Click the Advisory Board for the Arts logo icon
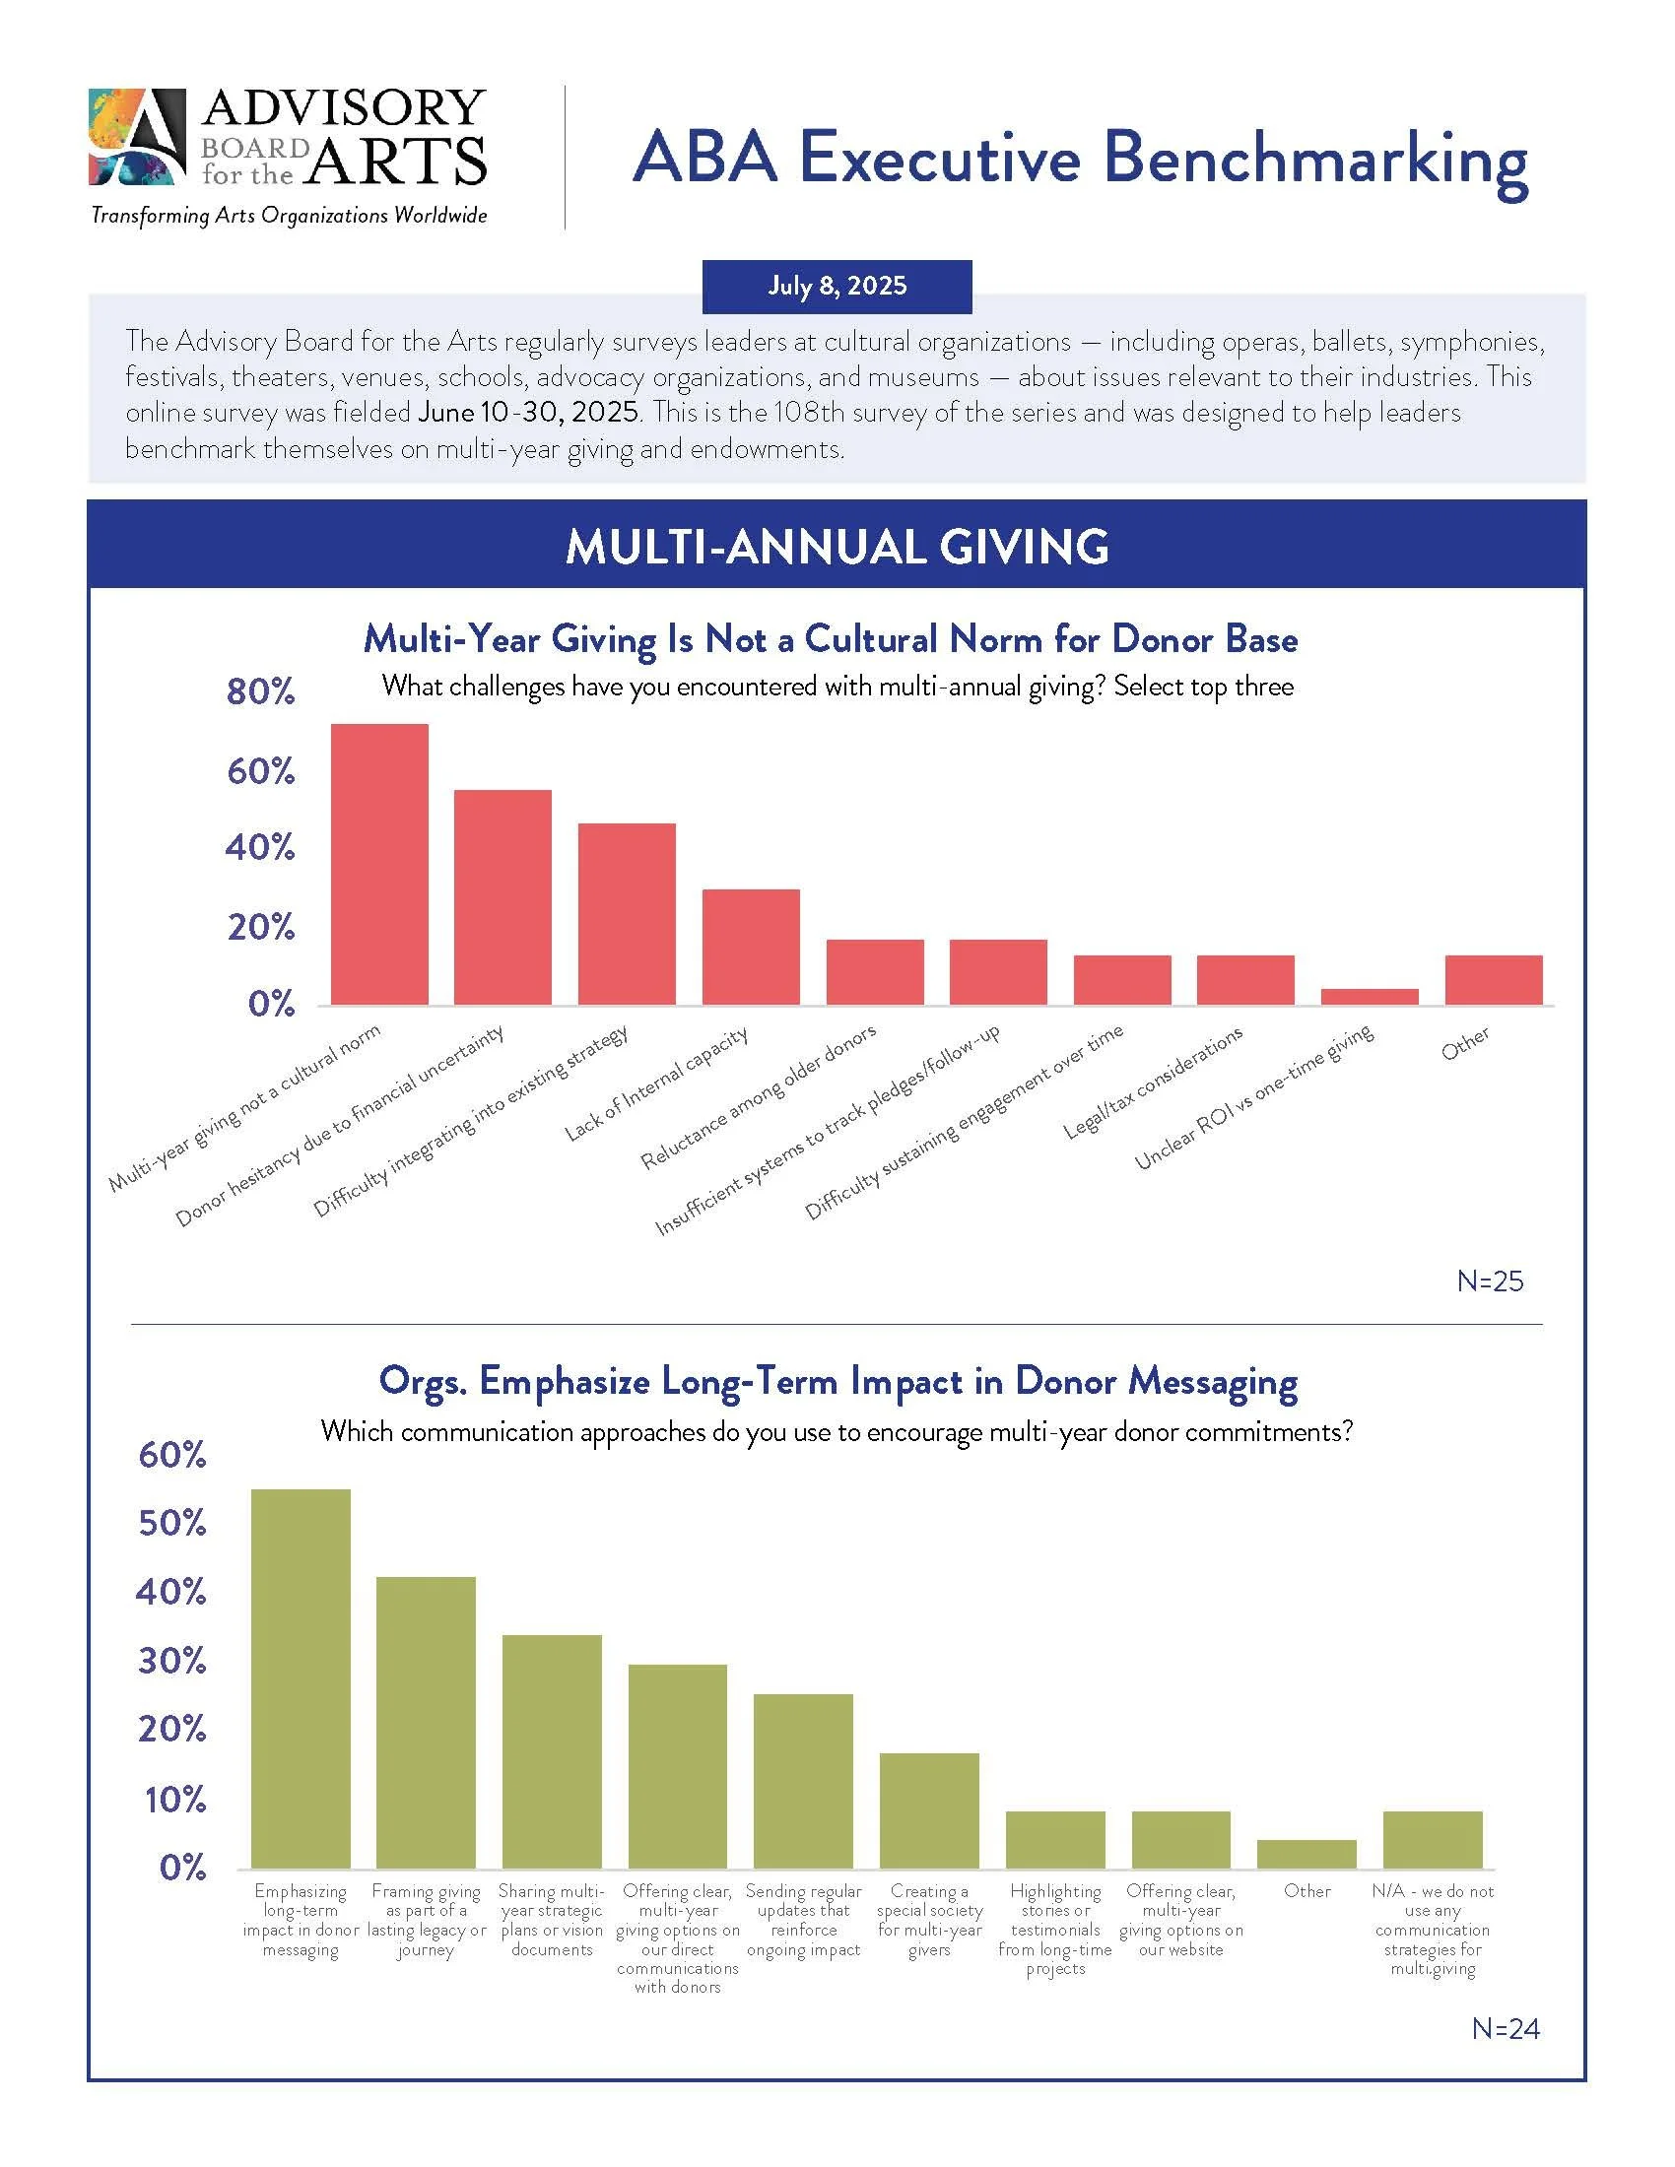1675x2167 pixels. [x=137, y=137]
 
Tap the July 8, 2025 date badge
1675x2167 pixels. [x=837, y=286]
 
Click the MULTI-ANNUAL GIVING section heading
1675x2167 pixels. [x=837, y=547]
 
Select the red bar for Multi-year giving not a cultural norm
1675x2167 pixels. [x=379, y=864]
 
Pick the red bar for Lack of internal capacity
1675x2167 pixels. [x=750, y=947]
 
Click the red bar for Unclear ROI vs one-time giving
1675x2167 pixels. [x=1369, y=996]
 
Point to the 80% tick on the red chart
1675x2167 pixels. [x=261, y=691]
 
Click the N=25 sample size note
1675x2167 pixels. [x=1490, y=1280]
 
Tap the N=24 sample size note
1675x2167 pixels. [x=1506, y=2028]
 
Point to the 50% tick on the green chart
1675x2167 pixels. [x=172, y=1523]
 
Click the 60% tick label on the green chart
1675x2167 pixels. [x=172, y=1455]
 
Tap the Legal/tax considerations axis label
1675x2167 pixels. [x=1152, y=1083]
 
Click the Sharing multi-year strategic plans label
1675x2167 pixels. [x=552, y=1920]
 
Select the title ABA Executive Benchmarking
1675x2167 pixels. [x=1079, y=159]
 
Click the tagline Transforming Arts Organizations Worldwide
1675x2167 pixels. [x=289, y=216]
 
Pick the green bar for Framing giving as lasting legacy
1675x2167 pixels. [x=426, y=1723]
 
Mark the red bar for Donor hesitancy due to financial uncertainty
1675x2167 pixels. [x=502, y=897]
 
